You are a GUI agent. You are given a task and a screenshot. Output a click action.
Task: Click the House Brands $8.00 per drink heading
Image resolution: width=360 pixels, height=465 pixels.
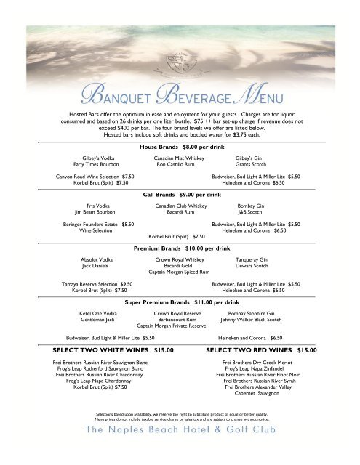click(x=180, y=147)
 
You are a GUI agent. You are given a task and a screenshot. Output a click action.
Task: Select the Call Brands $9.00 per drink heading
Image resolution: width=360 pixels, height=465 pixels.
click(x=182, y=195)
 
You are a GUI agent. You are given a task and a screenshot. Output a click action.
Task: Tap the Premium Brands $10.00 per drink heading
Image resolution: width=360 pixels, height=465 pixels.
click(x=182, y=248)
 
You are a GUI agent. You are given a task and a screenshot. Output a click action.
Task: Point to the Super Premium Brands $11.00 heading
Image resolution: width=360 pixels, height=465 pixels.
click(x=182, y=301)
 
